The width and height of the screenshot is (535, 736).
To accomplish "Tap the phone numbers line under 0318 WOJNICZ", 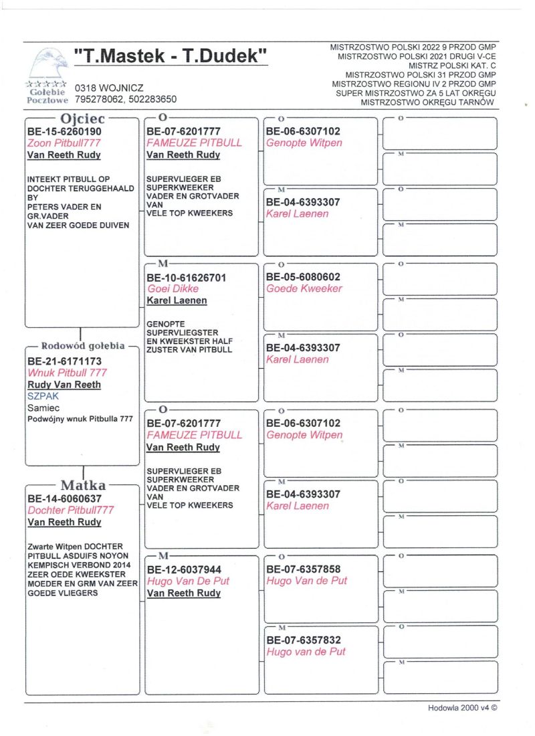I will point(126,99).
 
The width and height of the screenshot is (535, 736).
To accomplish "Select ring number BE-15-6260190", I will point(64,131).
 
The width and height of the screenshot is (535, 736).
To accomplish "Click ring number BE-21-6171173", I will point(65,361).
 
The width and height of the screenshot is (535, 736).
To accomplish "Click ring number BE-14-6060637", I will point(64,498).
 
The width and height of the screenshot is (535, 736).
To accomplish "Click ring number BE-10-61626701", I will point(187,277).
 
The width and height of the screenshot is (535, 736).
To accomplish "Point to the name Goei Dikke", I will point(172,289).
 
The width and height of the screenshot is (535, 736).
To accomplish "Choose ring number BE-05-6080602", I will point(303,277).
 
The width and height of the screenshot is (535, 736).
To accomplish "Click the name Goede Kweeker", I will point(304,289).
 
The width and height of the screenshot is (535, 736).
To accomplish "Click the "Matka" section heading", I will point(82,485).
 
